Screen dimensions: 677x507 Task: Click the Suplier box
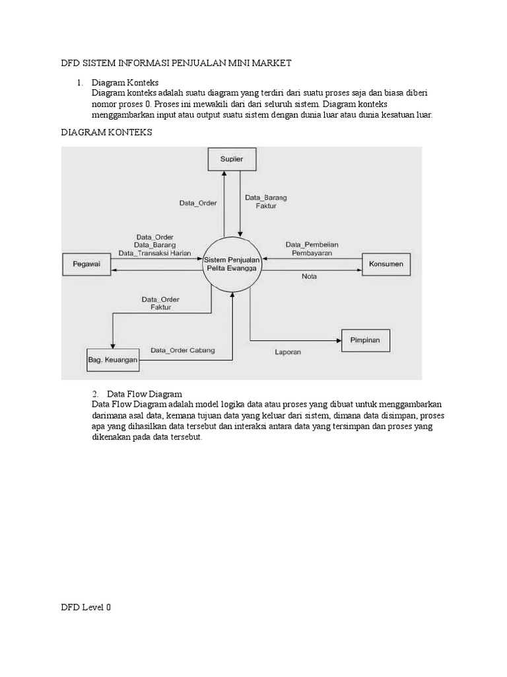click(x=231, y=159)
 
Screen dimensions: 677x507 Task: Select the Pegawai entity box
click(x=86, y=265)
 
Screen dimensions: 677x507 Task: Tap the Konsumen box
click(x=387, y=265)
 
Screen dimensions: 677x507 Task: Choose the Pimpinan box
click(x=365, y=340)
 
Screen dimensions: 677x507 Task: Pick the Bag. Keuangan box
click(x=113, y=360)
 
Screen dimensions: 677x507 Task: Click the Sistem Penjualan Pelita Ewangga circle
click(x=232, y=266)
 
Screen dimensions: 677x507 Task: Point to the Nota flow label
click(x=309, y=276)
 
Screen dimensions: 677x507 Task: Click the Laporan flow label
click(x=288, y=352)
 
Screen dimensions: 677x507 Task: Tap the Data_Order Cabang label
click(x=182, y=350)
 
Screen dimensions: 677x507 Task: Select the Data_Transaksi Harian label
click(x=159, y=253)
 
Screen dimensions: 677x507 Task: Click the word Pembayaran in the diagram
click(x=312, y=253)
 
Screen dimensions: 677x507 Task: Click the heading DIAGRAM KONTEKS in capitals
click(x=106, y=132)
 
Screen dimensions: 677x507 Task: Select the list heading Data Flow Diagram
click(x=145, y=394)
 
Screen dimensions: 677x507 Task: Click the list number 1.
click(x=79, y=83)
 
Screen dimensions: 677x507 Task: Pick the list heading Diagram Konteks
click(x=125, y=83)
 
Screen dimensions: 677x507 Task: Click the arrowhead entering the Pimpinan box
click(x=338, y=340)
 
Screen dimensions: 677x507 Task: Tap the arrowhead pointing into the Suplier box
click(x=224, y=173)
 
